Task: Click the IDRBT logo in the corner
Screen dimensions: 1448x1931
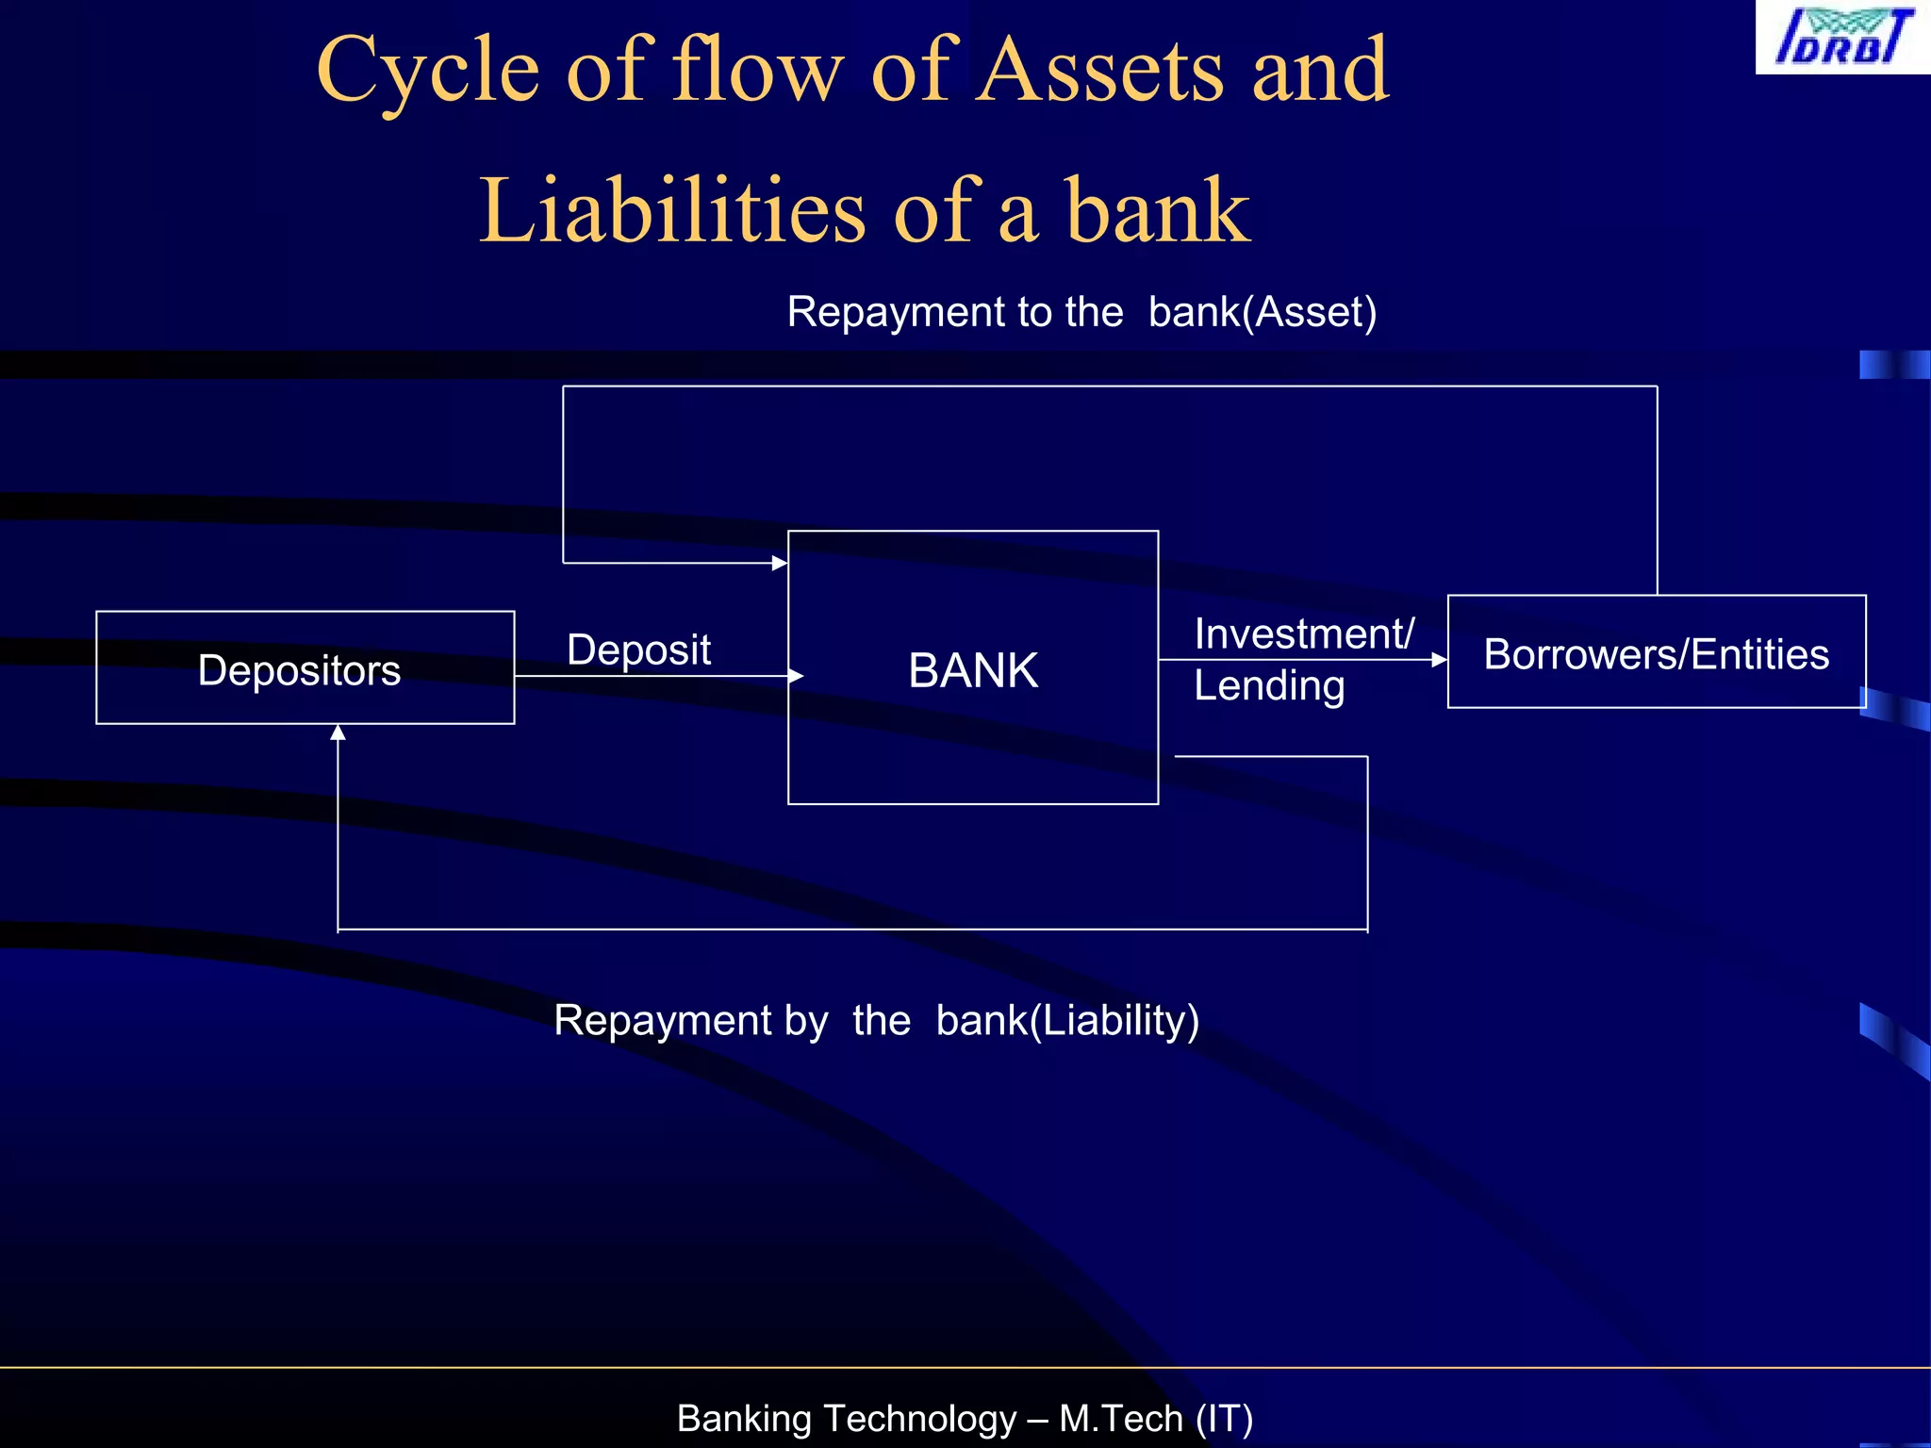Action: pos(1842,37)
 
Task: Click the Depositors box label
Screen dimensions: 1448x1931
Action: pos(299,670)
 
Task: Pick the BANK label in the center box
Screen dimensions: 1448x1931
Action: pos(973,670)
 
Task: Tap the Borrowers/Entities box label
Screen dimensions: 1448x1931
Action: pos(1656,654)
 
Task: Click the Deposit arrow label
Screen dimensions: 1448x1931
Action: pos(638,650)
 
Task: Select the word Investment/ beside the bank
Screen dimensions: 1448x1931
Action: pos(1303,633)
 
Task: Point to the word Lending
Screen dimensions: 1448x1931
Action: pos(1268,685)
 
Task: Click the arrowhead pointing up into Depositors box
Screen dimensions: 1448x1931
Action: pos(338,732)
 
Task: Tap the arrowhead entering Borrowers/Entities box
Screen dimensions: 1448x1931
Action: pos(1439,660)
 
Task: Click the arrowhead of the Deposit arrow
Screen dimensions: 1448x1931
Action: pos(796,676)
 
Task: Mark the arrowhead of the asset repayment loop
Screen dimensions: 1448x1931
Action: pos(780,563)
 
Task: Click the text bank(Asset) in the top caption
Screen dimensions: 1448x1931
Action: pos(1262,312)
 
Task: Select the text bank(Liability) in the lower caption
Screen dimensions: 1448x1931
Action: pos(1067,1020)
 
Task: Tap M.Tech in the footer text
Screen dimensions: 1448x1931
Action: pos(1120,1418)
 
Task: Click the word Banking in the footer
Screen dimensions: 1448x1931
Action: pos(744,1418)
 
